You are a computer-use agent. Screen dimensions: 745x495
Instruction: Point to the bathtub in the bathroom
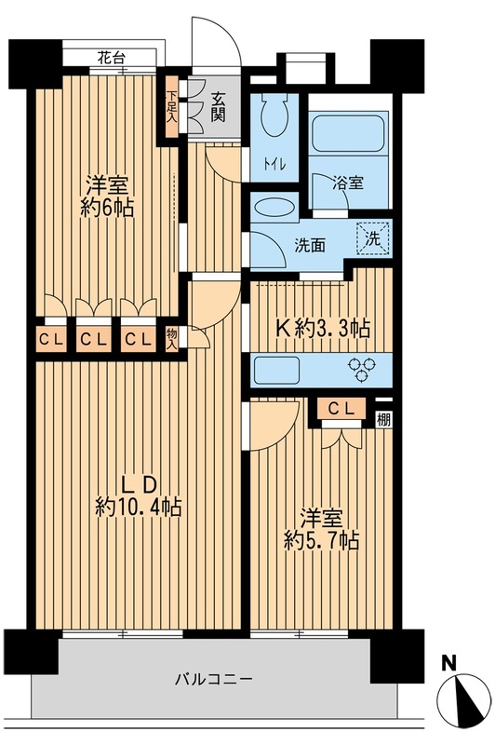[x=349, y=134]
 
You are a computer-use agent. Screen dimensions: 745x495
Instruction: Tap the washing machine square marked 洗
[x=374, y=237]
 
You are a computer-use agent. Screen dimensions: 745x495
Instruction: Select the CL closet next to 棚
[x=341, y=408]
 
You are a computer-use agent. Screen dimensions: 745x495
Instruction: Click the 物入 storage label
[x=171, y=336]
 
